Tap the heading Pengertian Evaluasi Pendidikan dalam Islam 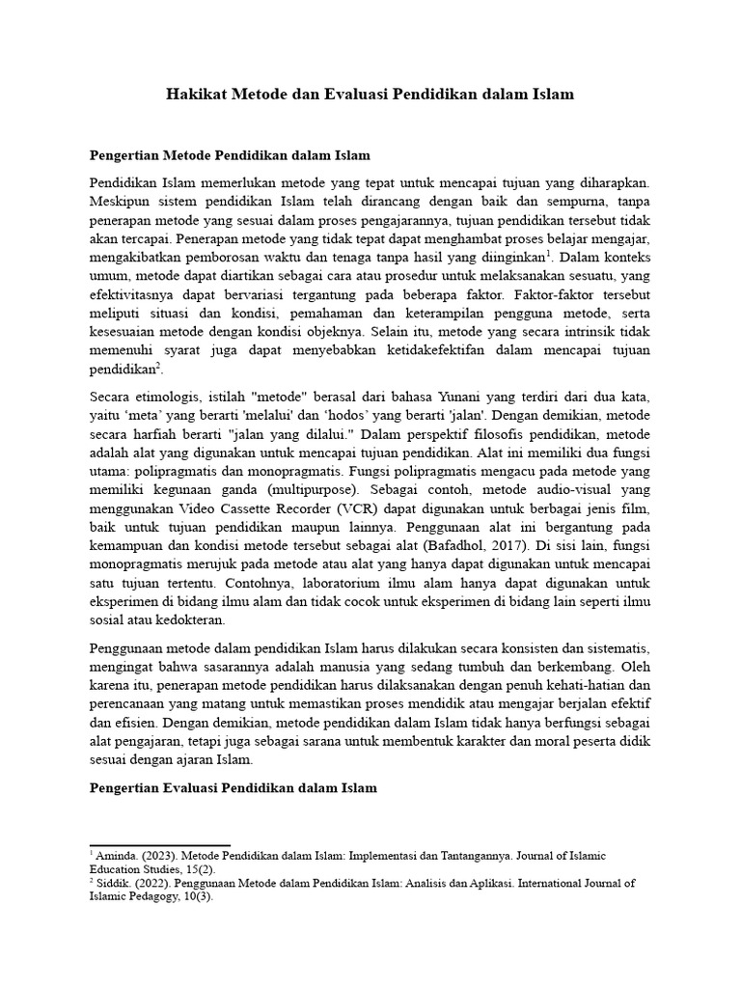pos(233,788)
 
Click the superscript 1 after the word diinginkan pos(549,255)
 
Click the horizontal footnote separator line pos(159,844)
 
